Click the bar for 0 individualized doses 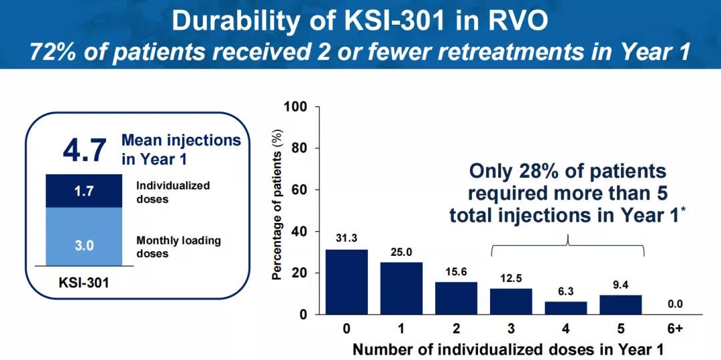point(346,281)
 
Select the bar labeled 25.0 point(401,288)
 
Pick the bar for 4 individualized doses point(565,307)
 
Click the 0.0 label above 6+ point(675,305)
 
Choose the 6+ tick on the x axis point(675,329)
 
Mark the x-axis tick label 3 point(511,329)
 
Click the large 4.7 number point(84,150)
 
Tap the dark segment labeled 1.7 point(84,191)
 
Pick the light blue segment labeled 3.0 point(84,245)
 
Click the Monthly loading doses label point(178,246)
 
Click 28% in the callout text point(530,171)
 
